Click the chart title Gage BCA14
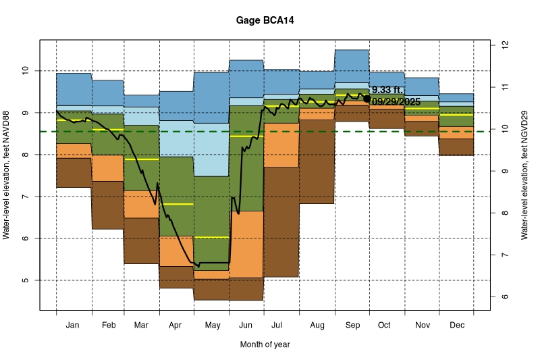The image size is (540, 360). [x=265, y=21]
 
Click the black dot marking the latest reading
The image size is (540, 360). [x=367, y=99]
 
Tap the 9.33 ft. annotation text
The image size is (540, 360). [x=387, y=90]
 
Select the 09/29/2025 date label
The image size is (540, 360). [x=396, y=101]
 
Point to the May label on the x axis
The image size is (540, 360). [x=212, y=326]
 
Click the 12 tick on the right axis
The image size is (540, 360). [x=504, y=45]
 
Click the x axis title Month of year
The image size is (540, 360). [x=265, y=344]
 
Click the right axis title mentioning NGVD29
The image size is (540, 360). [x=524, y=176]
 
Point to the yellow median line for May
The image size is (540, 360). [x=212, y=238]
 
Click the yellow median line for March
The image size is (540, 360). [x=142, y=159]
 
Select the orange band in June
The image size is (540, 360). [x=246, y=243]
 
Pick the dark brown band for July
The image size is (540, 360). [x=281, y=223]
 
